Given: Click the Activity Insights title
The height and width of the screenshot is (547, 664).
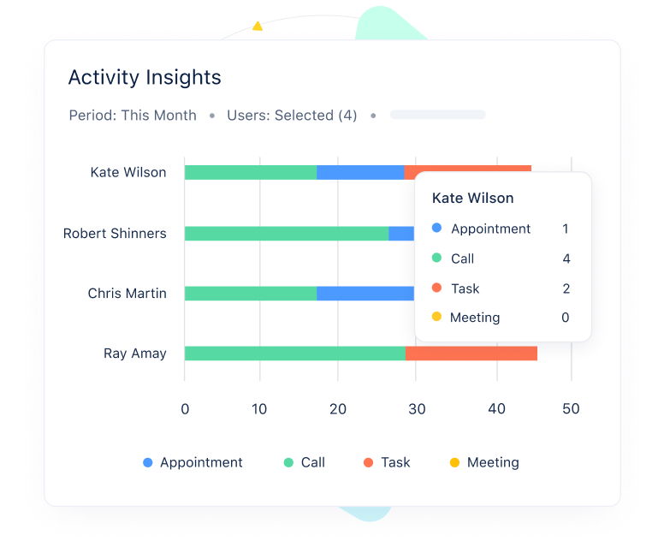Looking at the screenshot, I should (x=145, y=77).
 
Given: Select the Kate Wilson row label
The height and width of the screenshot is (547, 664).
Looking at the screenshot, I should (x=128, y=172).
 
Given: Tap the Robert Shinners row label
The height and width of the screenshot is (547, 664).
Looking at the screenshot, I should (x=115, y=233).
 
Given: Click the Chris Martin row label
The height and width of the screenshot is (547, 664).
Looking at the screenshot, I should (x=127, y=293).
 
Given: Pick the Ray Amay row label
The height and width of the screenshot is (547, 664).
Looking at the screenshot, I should (x=135, y=353).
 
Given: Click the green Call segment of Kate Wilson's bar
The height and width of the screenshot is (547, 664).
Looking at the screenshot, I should (x=250, y=172).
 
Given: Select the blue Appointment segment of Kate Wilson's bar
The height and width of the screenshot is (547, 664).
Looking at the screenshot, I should (x=359, y=172).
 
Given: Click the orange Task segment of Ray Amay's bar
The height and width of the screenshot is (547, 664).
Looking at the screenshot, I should (x=471, y=353).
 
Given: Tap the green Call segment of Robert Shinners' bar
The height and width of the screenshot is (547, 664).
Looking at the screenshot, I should (x=286, y=233).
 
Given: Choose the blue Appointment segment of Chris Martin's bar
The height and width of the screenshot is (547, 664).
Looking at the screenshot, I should (x=365, y=293).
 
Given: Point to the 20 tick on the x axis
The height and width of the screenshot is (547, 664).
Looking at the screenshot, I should (x=338, y=408).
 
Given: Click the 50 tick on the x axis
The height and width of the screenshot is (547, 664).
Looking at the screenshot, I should (x=571, y=408).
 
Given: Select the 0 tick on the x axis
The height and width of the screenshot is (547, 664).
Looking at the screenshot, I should (x=185, y=408).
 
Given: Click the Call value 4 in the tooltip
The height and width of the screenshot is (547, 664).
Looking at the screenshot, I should (x=566, y=259).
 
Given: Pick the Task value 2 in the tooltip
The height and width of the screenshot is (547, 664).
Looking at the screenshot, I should (x=566, y=288).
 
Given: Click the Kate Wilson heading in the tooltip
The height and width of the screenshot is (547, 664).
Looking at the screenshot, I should (x=473, y=198).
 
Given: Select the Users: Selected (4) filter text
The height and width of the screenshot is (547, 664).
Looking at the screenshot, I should (x=292, y=115).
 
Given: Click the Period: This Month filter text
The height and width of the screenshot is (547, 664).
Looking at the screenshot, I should (x=133, y=115).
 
